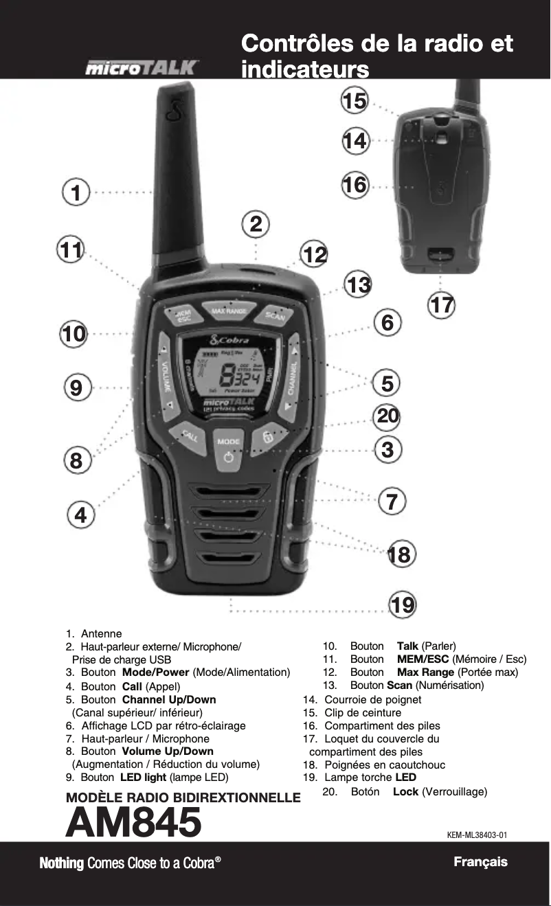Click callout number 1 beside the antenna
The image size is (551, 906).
click(x=78, y=193)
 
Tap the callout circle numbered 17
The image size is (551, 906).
click(x=442, y=304)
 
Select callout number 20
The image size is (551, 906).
click(x=387, y=416)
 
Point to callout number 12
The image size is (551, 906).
click(x=315, y=255)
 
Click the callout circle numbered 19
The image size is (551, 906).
click(x=403, y=605)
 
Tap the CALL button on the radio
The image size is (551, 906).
click(x=189, y=435)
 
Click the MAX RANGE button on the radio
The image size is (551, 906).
click(x=229, y=311)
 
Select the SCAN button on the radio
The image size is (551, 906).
click(x=275, y=317)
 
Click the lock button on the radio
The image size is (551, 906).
click(x=268, y=438)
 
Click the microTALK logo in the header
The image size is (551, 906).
click(x=142, y=69)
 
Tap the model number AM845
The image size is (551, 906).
click(x=133, y=823)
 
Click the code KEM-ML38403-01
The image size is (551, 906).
click(x=477, y=835)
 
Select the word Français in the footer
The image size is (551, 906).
click(x=480, y=862)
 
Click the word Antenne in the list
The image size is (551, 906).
click(x=102, y=633)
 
